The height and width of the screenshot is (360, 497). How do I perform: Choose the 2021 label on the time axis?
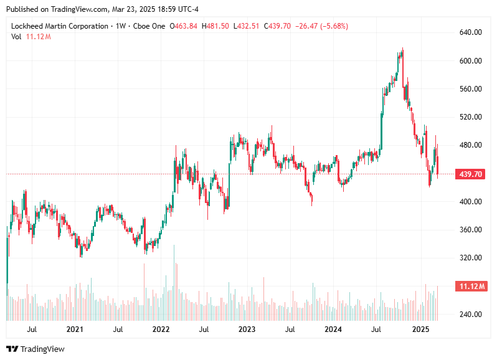(x=75, y=329)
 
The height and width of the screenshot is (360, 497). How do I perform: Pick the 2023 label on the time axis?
(x=247, y=329)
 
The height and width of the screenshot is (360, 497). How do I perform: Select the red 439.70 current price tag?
(x=471, y=174)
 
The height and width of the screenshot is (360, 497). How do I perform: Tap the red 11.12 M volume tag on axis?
(x=471, y=287)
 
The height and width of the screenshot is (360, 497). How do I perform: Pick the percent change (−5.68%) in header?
(x=332, y=26)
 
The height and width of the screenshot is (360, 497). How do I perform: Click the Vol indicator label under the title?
(x=16, y=37)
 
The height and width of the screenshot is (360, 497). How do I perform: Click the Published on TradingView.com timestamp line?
(x=103, y=9)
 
